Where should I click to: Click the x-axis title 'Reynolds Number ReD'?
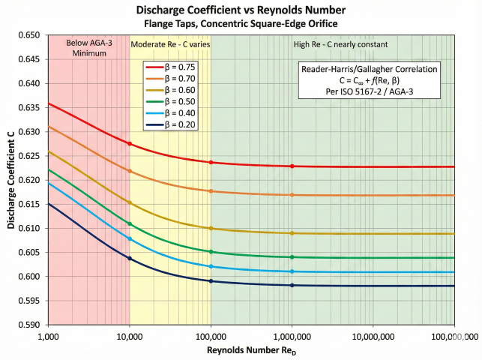(251, 350)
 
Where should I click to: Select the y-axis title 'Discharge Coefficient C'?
(11, 180)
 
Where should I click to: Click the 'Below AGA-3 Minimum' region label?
(89, 49)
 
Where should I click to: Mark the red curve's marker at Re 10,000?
(130, 143)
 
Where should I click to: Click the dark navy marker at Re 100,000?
(211, 281)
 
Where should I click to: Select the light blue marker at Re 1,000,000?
(292, 271)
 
